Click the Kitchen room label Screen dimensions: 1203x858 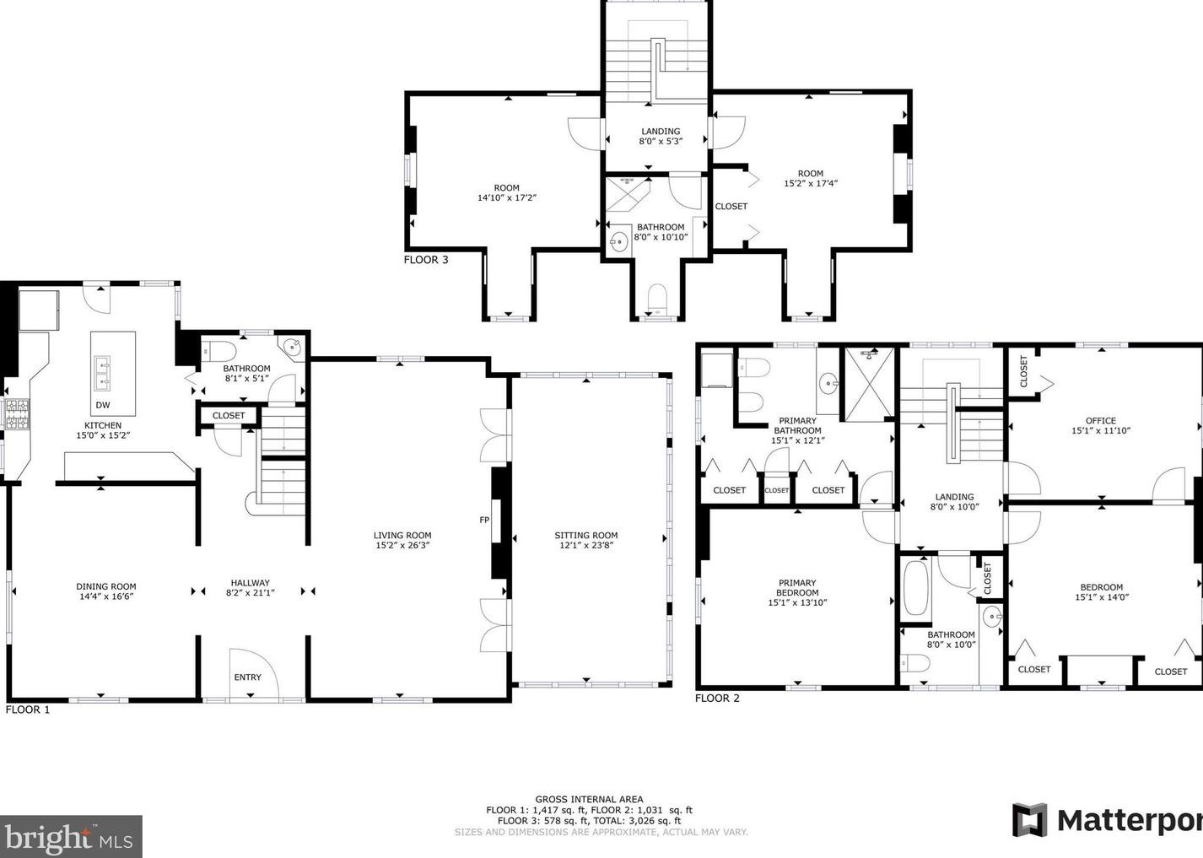pos(103,425)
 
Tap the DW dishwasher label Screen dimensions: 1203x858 pos(103,405)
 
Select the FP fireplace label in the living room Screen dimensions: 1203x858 pos(484,520)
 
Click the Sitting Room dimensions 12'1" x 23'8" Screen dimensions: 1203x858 pos(586,546)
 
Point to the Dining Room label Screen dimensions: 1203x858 pos(105,586)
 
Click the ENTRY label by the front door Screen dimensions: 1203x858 pos(247,677)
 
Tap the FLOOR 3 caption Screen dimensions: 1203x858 pos(426,260)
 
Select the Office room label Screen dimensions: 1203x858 pos(1101,420)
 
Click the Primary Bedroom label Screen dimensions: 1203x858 pos(797,587)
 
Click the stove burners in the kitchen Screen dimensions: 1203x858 pos(17,413)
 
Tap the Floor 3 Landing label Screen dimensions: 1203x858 pos(661,131)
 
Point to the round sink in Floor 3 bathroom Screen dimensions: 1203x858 pos(619,241)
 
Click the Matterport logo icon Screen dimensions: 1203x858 pos(1029,820)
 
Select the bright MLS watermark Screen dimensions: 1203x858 pos(70,837)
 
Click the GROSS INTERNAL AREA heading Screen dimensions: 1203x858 pos(589,800)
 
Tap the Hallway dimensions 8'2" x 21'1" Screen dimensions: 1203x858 pos(251,593)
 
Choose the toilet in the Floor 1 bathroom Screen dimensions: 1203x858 pos(219,352)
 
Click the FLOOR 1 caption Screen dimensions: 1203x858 pos(27,710)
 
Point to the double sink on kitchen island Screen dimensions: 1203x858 pos(102,373)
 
